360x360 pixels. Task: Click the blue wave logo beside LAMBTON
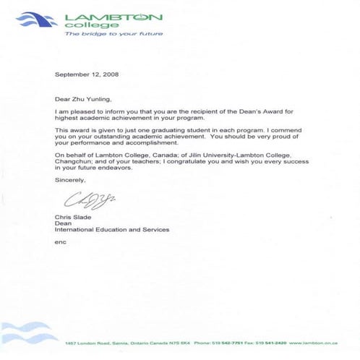tap(37, 19)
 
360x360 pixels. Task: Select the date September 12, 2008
tap(82, 74)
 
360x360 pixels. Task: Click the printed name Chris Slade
tap(72, 218)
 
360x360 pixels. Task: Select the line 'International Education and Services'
tap(111, 230)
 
